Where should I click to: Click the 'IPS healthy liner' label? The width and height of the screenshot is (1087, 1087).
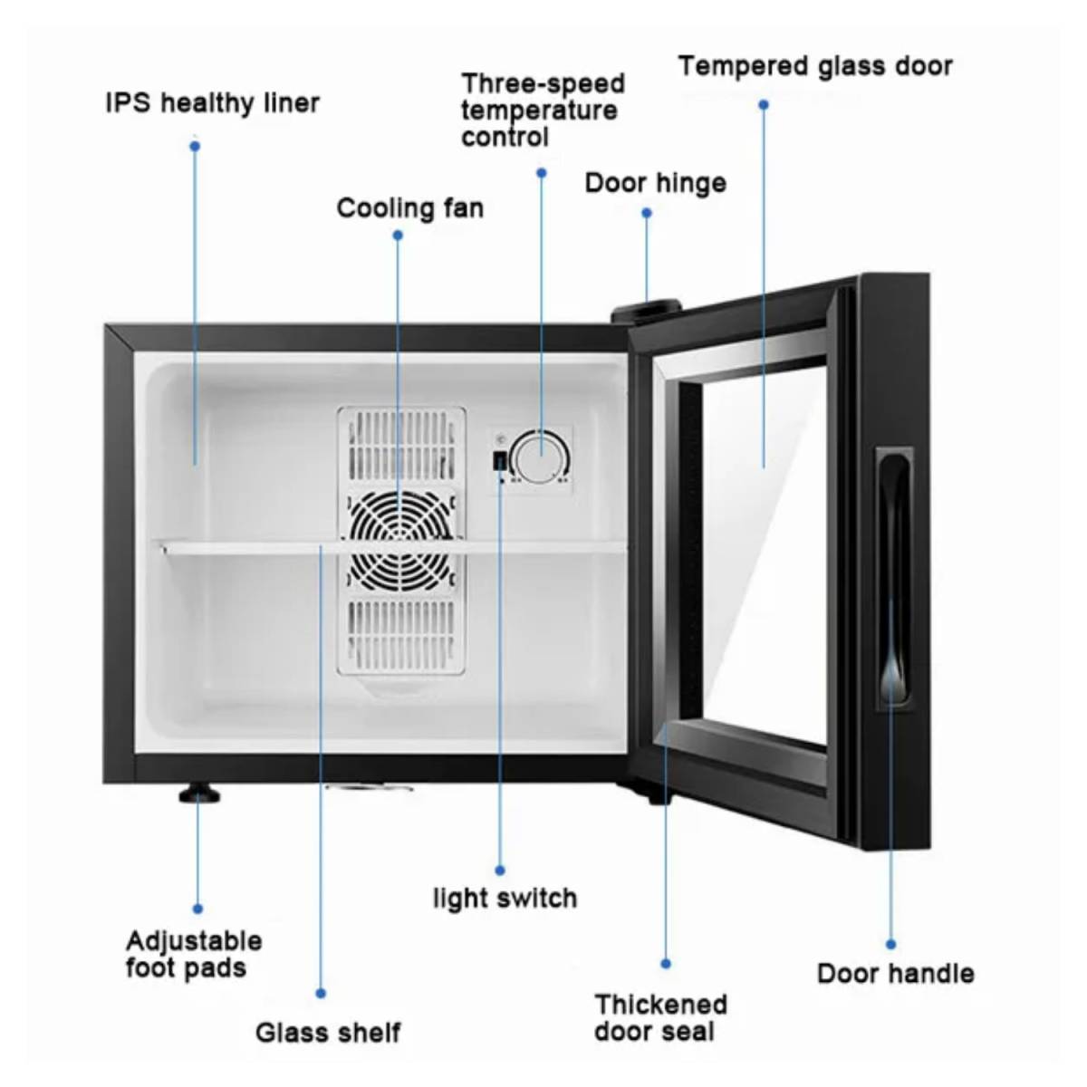point(212,103)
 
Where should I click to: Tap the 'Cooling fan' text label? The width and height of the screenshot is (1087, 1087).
point(409,208)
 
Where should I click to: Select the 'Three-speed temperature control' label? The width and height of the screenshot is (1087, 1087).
point(542,111)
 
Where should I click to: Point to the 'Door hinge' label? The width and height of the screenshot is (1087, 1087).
point(655,183)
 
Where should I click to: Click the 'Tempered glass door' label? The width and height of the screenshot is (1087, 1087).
point(815,67)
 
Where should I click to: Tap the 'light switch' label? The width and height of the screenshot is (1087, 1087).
point(505,899)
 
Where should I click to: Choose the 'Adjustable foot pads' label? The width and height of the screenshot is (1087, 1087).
point(193,954)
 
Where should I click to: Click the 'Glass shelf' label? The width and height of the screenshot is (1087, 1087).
point(327,1032)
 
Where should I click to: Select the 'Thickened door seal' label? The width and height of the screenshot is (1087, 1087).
point(660,1017)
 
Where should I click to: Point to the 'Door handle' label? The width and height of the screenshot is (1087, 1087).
point(895,974)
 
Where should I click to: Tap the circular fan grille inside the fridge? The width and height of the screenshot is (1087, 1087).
point(400,538)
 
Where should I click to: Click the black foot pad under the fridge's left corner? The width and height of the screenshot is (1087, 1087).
point(199,795)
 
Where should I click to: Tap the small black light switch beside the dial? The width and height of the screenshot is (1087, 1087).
point(499,461)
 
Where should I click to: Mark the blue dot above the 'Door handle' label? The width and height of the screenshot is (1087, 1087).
point(890,944)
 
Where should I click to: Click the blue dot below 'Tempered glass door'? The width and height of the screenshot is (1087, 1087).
point(764,105)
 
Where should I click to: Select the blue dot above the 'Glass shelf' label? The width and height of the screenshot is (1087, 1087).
point(321,994)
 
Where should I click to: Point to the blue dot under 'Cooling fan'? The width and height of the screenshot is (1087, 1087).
point(398,236)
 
